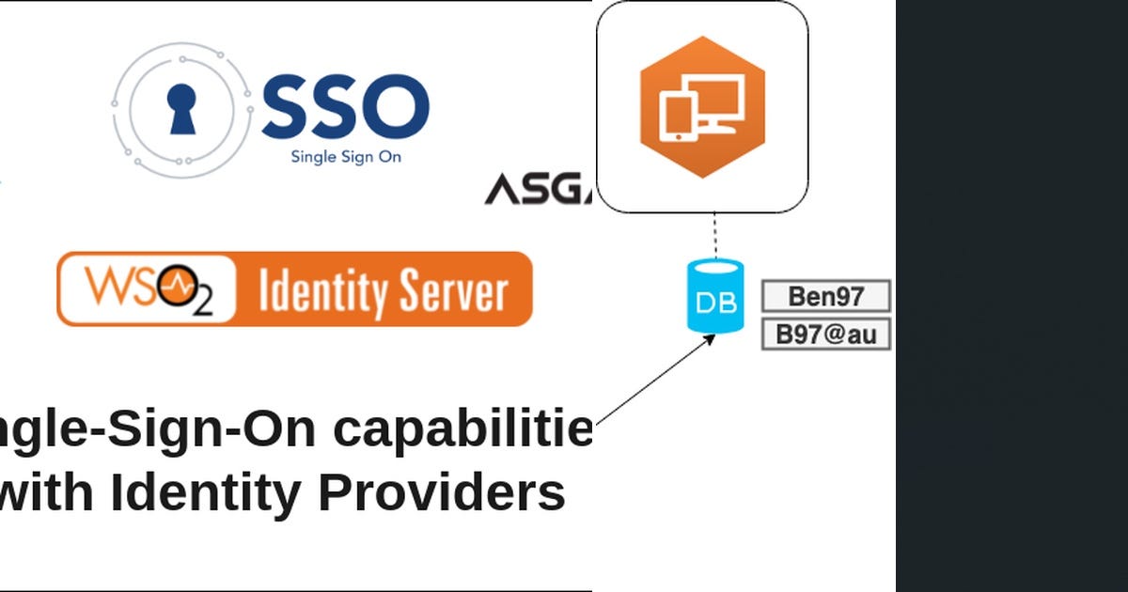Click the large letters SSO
click(x=345, y=106)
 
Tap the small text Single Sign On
click(x=346, y=157)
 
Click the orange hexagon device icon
click(x=702, y=106)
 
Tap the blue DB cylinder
click(x=715, y=298)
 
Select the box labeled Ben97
click(x=825, y=297)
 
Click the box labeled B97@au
click(x=825, y=335)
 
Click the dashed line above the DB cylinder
click(x=714, y=236)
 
